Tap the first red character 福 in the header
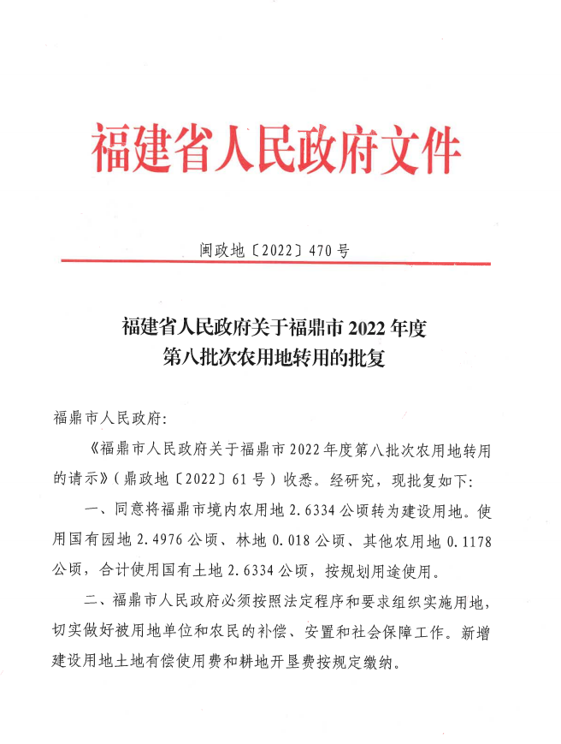[x=112, y=148]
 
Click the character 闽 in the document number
[x=209, y=251]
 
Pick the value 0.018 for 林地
[x=301, y=542]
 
